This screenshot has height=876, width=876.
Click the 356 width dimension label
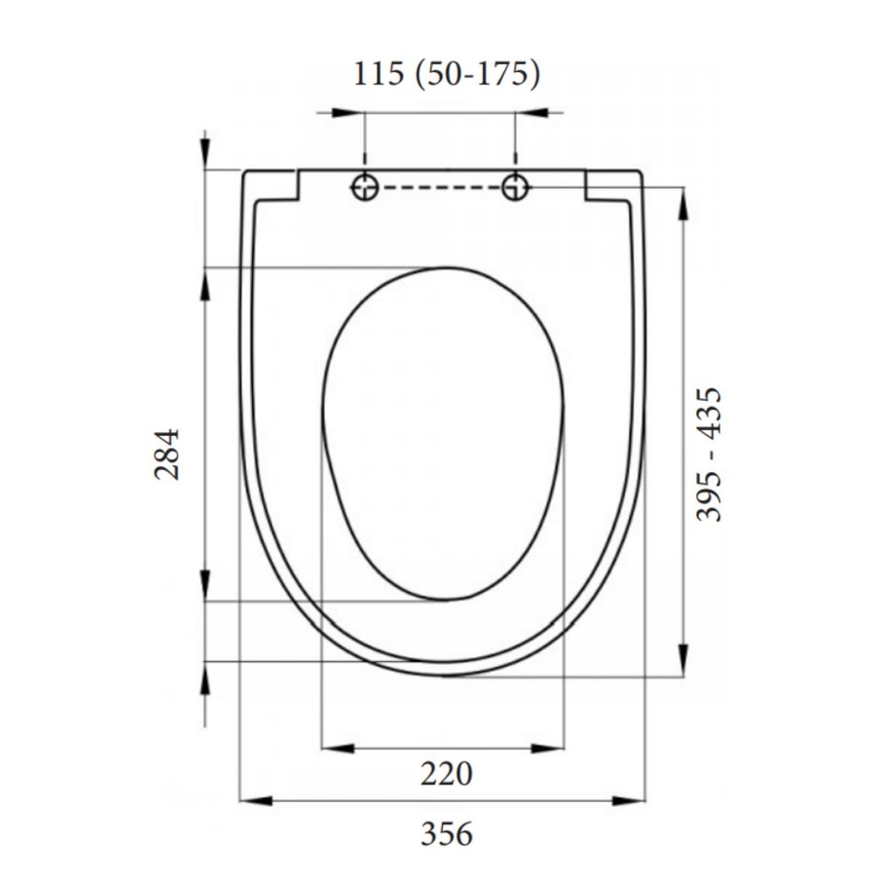pos(447,833)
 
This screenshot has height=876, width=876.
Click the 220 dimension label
pos(447,775)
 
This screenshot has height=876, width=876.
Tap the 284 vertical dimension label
pos(168,455)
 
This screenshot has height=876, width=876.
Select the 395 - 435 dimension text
pos(712,455)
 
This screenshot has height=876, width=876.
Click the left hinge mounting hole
pos(365,187)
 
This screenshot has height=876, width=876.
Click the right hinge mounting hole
pos(516,187)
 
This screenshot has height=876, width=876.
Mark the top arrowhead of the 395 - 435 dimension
pos(684,204)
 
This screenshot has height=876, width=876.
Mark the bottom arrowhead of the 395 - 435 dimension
pos(684,657)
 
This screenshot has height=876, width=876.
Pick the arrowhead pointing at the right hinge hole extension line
pos(532,113)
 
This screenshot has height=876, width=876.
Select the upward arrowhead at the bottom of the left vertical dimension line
pos(205,677)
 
